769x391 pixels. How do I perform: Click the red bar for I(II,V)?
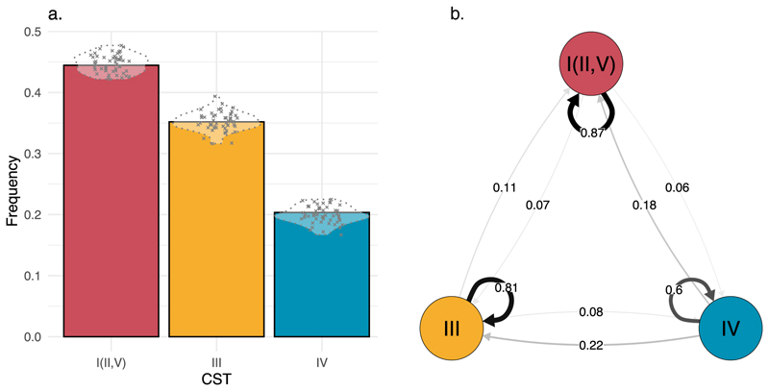112,211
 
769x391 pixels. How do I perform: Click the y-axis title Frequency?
12,184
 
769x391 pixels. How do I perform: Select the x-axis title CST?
216,381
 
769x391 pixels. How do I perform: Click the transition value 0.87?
592,133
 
